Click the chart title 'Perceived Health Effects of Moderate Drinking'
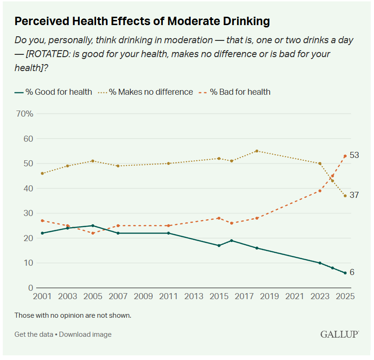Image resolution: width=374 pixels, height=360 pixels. tap(142, 21)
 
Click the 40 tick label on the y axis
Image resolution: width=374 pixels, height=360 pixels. tap(28, 189)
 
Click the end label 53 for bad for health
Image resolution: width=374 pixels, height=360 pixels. tap(354, 155)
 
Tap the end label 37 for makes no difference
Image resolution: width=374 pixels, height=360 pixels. tap(354, 195)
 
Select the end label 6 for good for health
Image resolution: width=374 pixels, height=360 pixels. tap(352, 272)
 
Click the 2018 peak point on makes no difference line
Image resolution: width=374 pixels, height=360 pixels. tap(257, 151)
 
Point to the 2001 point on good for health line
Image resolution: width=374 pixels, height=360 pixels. tap(43, 233)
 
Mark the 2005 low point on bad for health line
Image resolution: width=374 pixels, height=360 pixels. tap(93, 233)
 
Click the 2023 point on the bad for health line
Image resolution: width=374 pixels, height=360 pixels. tap(320, 190)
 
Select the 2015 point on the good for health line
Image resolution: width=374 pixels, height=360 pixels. tap(219, 245)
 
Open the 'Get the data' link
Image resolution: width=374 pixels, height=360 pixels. tap(34, 334)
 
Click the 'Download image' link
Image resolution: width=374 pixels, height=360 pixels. tap(85, 334)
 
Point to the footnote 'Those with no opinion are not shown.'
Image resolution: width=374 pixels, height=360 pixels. tap(73, 315)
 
